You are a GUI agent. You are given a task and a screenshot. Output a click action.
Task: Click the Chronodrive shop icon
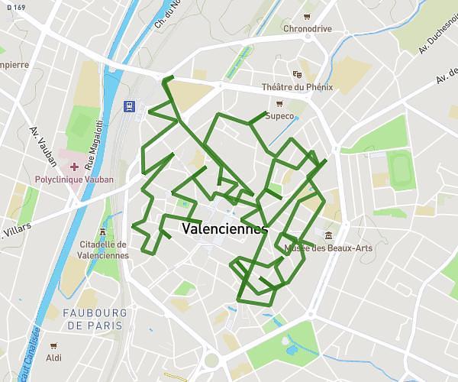307,16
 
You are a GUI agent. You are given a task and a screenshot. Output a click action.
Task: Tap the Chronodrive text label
307,29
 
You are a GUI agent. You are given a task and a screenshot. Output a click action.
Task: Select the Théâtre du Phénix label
297,87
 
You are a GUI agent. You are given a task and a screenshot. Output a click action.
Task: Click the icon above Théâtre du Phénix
297,74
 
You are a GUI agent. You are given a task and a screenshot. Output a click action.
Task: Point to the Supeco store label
279,116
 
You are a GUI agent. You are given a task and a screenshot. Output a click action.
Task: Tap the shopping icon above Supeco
279,103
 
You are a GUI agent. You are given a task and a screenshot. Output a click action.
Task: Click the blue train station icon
130,106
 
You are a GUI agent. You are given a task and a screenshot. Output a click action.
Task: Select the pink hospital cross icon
74,167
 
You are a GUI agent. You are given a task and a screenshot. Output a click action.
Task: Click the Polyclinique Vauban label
74,180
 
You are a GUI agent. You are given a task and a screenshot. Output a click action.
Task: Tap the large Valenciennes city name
225,228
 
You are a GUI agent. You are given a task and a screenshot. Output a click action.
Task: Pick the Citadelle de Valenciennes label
103,250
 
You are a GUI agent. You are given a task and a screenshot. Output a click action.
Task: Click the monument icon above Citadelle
103,231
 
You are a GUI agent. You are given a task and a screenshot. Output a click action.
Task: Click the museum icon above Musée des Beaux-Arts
328,235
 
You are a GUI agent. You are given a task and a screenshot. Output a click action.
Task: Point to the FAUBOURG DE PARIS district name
95,319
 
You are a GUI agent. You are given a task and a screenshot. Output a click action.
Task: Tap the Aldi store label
53,358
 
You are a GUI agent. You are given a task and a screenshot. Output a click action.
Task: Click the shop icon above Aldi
53,345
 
